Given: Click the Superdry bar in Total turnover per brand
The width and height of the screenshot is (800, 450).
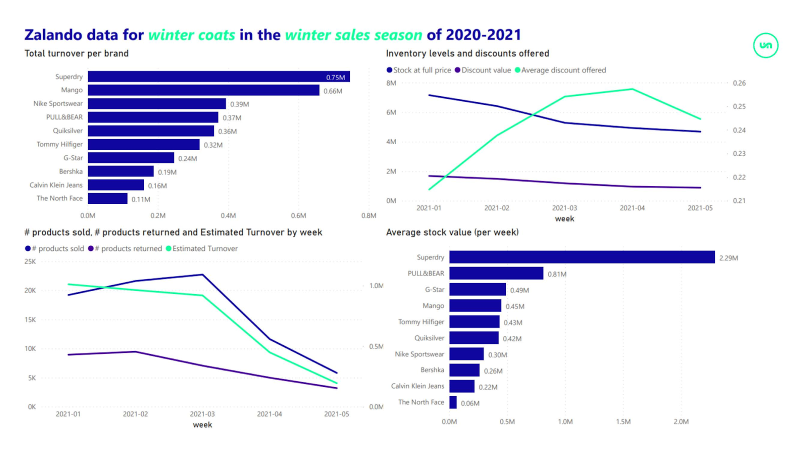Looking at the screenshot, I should coord(218,76).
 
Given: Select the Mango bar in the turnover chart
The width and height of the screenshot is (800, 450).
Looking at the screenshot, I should coord(203,90).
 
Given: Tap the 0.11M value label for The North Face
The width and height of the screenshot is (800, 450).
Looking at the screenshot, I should coord(141,199).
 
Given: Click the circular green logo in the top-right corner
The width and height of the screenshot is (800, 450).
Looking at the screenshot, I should coord(765,45).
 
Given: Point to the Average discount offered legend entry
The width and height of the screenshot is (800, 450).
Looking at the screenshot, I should coord(563,70).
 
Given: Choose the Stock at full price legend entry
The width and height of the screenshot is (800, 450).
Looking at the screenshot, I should coord(421,70).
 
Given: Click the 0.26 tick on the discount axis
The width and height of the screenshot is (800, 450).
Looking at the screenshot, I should coord(739,83).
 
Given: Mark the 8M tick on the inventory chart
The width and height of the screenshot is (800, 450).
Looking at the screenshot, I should coord(391,83).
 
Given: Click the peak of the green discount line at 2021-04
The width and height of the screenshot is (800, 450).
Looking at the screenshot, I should coord(632,89).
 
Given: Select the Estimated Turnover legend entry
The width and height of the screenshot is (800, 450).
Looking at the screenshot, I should coord(204,248).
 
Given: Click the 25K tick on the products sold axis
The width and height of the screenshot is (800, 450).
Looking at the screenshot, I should coord(30,261).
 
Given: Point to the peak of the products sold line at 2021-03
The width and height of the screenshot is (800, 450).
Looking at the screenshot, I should coord(202,274).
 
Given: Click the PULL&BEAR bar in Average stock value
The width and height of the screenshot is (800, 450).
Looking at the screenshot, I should coord(496,273).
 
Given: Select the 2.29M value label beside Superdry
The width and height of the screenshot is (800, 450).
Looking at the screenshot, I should coord(728,258).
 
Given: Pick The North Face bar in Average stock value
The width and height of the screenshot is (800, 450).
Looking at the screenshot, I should coord(453,402).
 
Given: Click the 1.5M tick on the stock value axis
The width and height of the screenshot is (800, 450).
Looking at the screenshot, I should coord(623,421).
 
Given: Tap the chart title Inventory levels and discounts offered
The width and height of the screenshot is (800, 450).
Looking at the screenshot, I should coord(467,53).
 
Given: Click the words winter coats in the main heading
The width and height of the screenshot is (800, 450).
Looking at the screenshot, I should coord(191,35).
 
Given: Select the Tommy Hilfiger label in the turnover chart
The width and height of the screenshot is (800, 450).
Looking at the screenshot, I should coord(59,144).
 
